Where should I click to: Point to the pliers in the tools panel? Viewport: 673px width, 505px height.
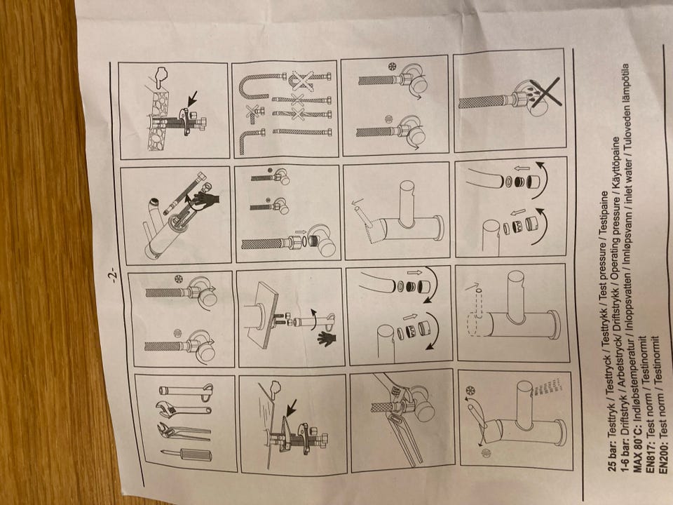(x=184, y=432)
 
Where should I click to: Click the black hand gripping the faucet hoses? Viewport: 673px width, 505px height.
(x=205, y=199)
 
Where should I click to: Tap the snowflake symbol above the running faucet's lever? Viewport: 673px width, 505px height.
(x=471, y=391)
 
